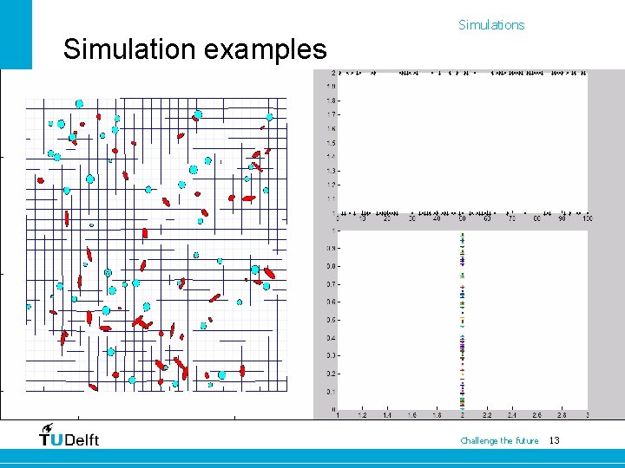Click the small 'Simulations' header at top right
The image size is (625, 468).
click(x=491, y=25)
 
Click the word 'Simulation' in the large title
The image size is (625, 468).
click(x=130, y=49)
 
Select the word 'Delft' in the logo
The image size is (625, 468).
click(x=82, y=439)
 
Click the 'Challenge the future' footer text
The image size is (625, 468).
click(x=499, y=441)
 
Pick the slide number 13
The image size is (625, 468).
click(x=555, y=441)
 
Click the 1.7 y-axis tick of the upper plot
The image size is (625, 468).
click(x=332, y=114)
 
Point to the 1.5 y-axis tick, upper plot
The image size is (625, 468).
click(x=332, y=142)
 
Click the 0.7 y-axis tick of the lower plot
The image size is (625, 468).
click(x=332, y=284)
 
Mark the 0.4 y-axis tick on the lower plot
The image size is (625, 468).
click(x=332, y=338)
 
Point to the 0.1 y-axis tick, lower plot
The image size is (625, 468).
click(x=332, y=392)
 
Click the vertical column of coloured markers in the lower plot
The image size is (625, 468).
click(x=463, y=321)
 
